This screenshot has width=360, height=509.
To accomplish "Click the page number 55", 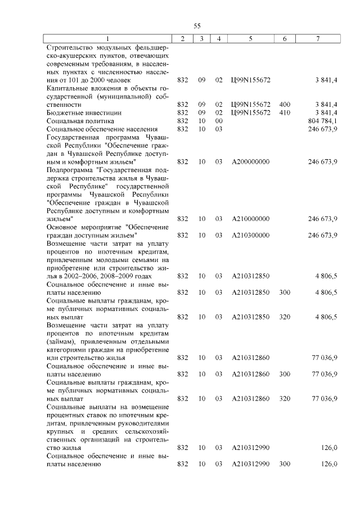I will coord(197,26).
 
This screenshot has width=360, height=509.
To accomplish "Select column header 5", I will coord(250,38).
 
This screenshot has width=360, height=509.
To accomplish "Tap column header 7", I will coord(319,38).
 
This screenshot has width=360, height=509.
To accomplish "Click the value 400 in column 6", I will coord(285,105).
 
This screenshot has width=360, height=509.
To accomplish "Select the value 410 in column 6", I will coord(285,112).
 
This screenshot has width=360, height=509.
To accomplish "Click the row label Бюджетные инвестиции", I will coord(78,112).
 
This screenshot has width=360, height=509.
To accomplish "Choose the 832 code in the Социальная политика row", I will coord(182,121).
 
